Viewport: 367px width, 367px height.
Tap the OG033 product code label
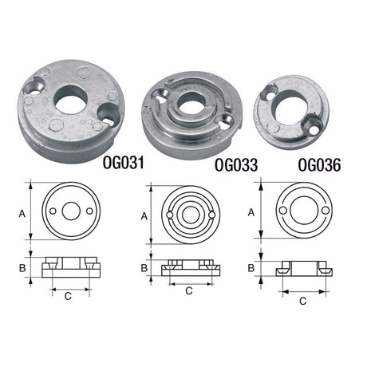[238, 167]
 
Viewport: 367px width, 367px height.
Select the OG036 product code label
[318, 167]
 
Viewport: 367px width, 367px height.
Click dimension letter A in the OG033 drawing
[144, 216]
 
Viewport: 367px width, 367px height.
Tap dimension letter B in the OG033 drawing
[144, 268]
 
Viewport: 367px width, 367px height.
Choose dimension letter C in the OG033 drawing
[189, 291]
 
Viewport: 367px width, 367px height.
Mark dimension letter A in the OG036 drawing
[251, 212]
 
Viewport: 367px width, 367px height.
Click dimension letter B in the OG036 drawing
[251, 269]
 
